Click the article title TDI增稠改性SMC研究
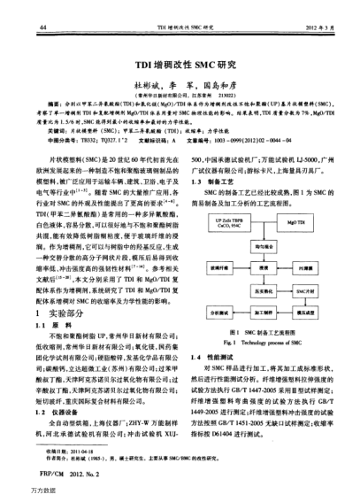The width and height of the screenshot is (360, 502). pyautogui.click(x=180, y=65)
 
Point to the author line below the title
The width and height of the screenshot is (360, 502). pyautogui.click(x=180, y=80)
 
